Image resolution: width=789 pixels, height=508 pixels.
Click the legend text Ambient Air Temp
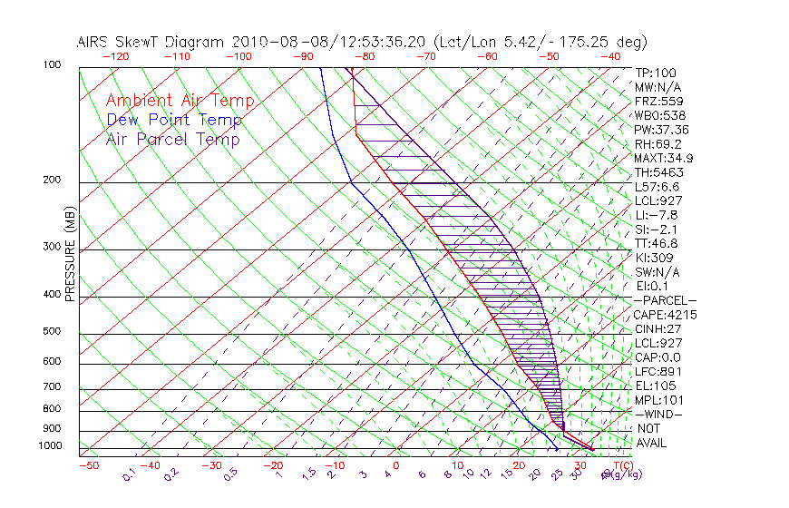(180, 102)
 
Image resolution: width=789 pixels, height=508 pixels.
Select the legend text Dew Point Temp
(174, 121)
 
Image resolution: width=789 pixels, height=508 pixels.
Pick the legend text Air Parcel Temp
(172, 140)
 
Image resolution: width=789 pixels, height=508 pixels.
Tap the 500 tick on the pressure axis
(51, 332)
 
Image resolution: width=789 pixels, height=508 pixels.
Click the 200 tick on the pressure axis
(51, 181)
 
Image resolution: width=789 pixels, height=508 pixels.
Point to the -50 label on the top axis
(549, 56)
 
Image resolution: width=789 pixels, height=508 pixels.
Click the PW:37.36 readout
(662, 130)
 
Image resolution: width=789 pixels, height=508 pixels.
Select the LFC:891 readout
(658, 372)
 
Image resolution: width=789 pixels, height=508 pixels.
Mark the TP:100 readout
(656, 73)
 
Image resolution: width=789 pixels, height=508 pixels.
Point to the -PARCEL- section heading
(665, 300)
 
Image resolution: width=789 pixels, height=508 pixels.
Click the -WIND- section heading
(658, 415)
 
